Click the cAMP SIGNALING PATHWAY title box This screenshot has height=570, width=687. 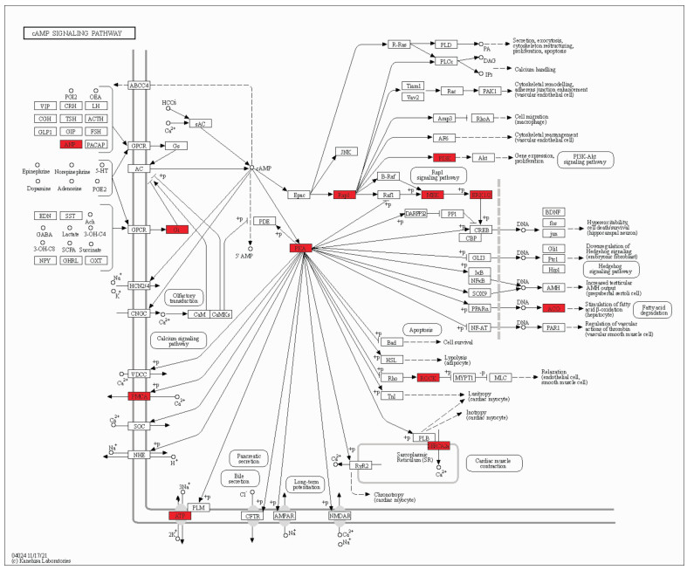(x=79, y=33)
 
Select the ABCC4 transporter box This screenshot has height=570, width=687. (x=140, y=86)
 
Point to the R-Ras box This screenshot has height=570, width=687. (x=400, y=45)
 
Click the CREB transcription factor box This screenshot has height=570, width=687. (x=482, y=229)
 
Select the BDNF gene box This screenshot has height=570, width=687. (x=552, y=212)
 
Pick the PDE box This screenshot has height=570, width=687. (x=265, y=222)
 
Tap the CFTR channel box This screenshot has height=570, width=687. (x=253, y=517)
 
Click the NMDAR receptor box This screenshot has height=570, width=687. (x=339, y=517)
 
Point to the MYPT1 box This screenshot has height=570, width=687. (x=464, y=378)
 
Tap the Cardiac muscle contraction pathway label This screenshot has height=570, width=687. (x=493, y=464)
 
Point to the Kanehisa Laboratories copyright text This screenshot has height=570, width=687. (x=41, y=560)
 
